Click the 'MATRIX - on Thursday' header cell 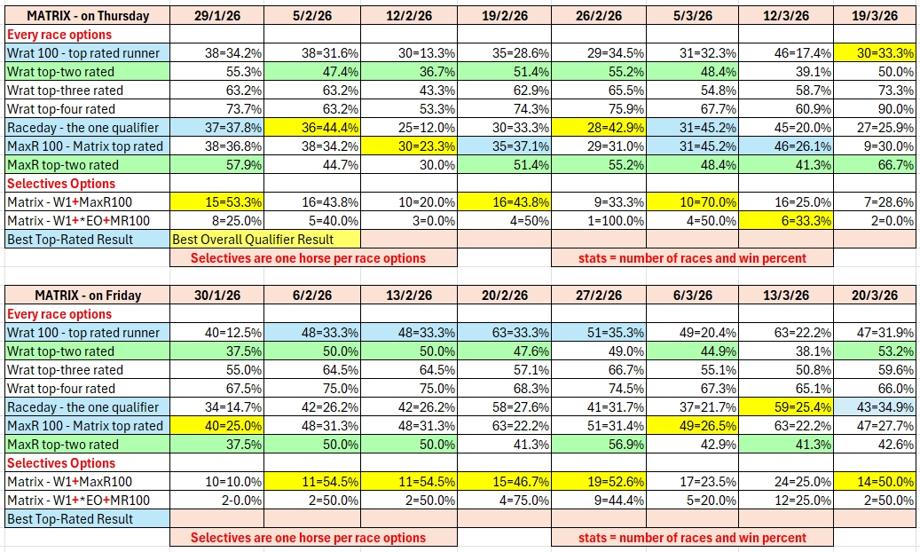coord(87,16)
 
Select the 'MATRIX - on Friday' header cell coord(87,296)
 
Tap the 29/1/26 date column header coord(217,16)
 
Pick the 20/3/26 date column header coord(874,296)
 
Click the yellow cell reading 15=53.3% coord(217,202)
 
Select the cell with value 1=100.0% coord(598,221)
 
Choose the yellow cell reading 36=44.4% coord(312,128)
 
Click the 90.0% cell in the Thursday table coord(874,109)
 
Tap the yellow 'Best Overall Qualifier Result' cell coord(264,240)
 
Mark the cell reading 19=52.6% coord(598,482)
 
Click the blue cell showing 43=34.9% coord(874,407)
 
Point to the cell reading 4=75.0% coord(503,501)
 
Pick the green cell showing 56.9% coord(598,445)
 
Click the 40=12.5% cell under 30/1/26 coord(217,333)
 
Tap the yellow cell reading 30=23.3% coord(408,146)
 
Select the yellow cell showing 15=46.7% coord(503,482)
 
